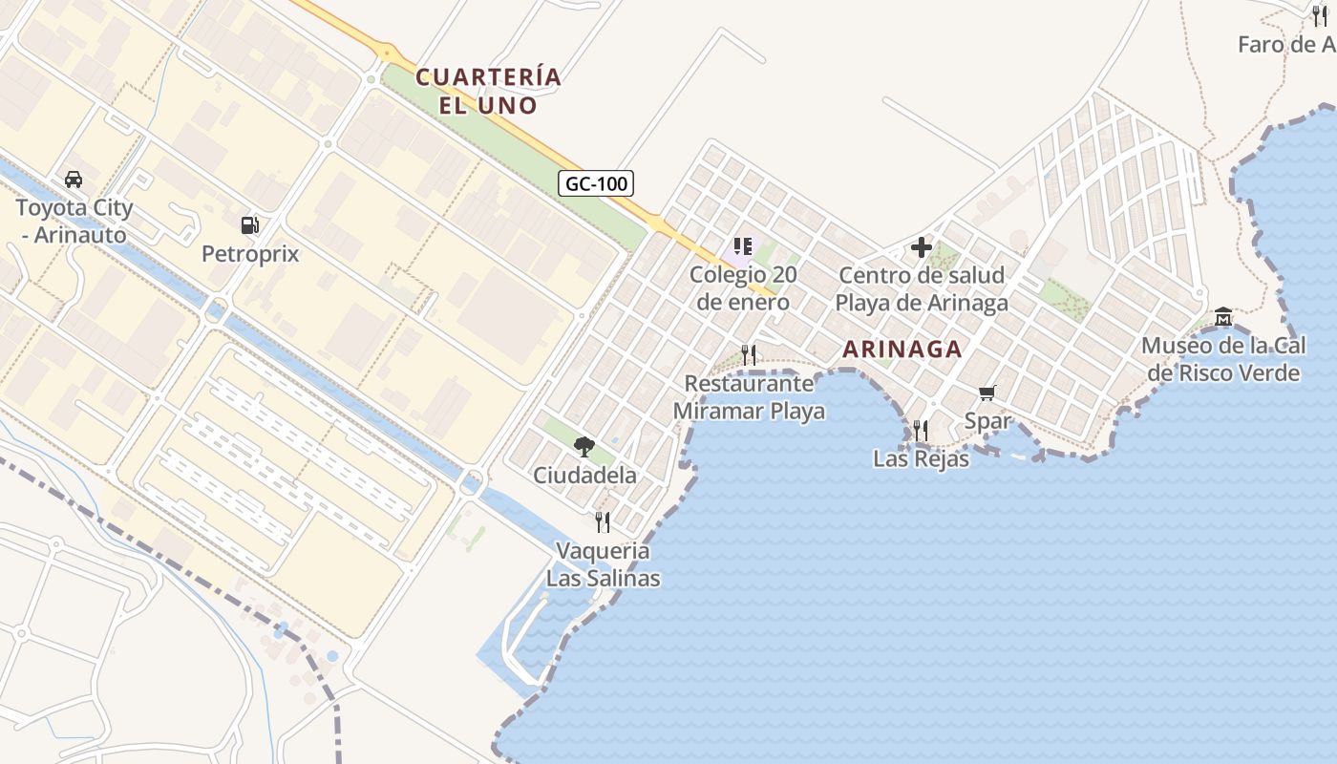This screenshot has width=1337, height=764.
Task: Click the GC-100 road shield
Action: pyautogui.click(x=596, y=183)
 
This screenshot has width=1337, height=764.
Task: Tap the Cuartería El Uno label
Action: pyautogui.click(x=489, y=90)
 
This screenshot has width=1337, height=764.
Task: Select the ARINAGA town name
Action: pyautogui.click(x=902, y=350)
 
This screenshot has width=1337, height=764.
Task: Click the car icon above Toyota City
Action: pyautogui.click(x=73, y=179)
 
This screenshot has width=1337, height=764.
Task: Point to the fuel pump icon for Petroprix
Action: pyautogui.click(x=250, y=225)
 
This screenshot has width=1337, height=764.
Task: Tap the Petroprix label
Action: pyautogui.click(x=250, y=254)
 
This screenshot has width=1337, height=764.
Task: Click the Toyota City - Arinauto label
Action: pyautogui.click(x=74, y=221)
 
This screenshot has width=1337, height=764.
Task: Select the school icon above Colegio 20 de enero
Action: pyautogui.click(x=743, y=246)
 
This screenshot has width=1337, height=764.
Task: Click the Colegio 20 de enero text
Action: pyautogui.click(x=744, y=288)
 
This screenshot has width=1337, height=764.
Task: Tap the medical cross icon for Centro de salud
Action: pyautogui.click(x=922, y=247)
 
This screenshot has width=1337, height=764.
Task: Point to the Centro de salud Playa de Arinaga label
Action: pyautogui.click(x=922, y=289)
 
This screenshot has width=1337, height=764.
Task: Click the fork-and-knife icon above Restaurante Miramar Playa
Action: pyautogui.click(x=749, y=355)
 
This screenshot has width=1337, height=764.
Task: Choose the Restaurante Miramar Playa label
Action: pyautogui.click(x=750, y=397)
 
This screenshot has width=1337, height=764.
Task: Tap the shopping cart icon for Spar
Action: pyautogui.click(x=987, y=393)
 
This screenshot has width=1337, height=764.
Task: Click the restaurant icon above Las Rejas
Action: pyautogui.click(x=921, y=431)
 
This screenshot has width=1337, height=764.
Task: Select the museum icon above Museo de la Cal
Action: pyautogui.click(x=1223, y=316)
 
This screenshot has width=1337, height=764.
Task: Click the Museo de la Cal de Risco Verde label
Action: pyautogui.click(x=1223, y=359)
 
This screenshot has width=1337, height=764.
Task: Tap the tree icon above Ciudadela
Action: pyautogui.click(x=584, y=446)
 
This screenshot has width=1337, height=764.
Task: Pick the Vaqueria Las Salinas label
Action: pyautogui.click(x=603, y=564)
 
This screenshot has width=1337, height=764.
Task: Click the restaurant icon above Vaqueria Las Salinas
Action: pyautogui.click(x=603, y=521)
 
